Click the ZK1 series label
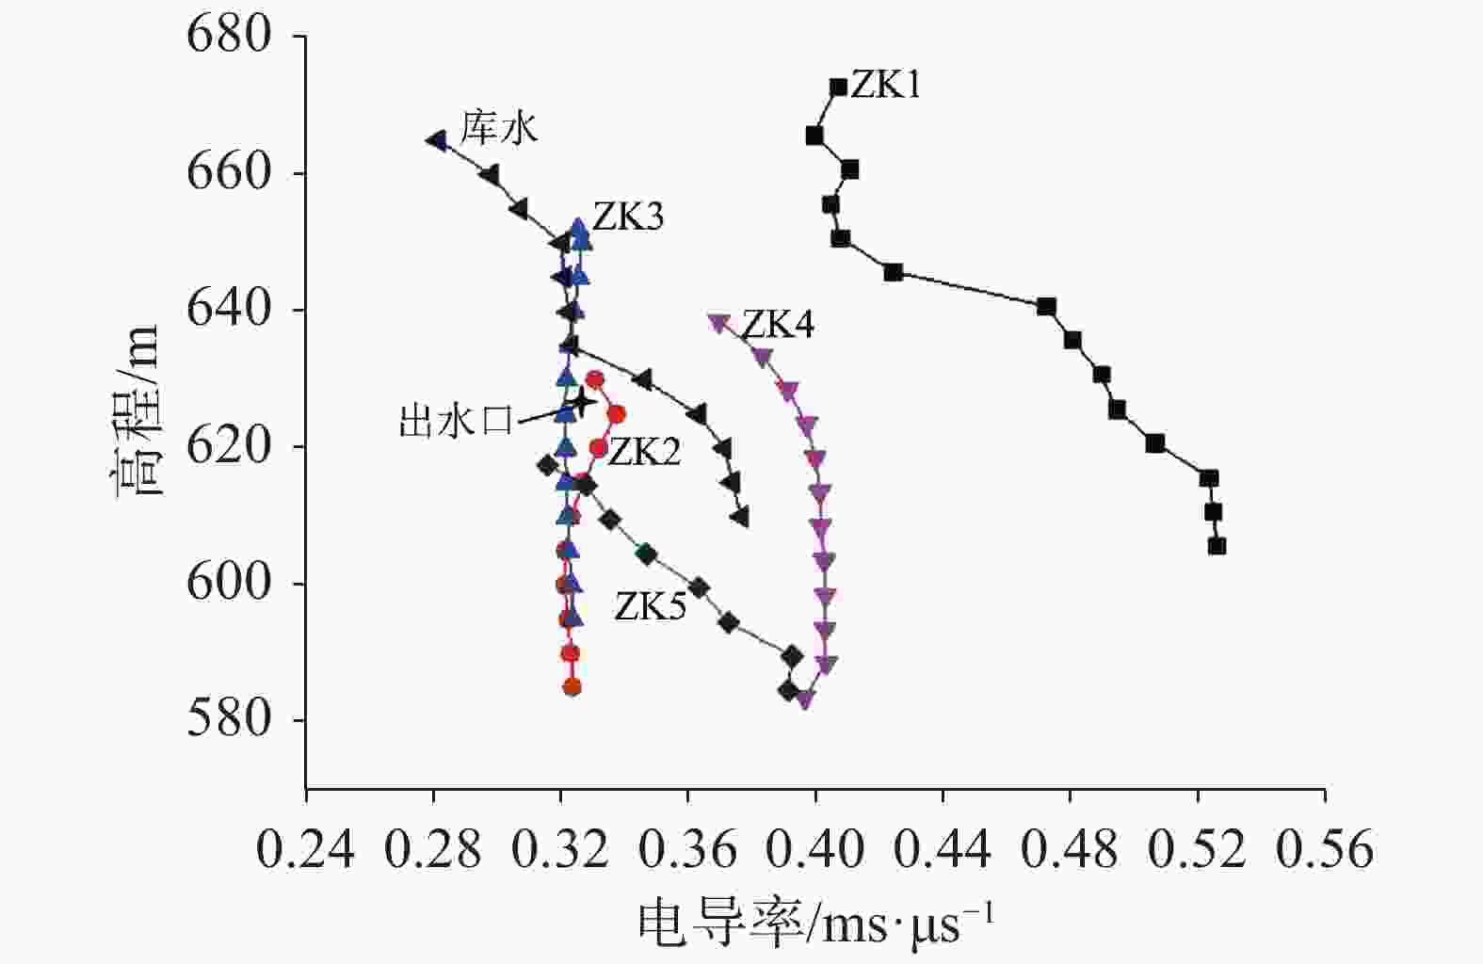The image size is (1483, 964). (886, 86)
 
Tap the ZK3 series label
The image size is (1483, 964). (628, 217)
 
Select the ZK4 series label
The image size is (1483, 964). (779, 325)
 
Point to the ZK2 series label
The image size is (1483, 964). (644, 453)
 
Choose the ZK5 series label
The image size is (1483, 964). (650, 606)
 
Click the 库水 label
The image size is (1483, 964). (499, 128)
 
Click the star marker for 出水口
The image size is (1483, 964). (583, 402)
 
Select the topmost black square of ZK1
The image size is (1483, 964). (838, 88)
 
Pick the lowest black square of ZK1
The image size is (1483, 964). (1217, 546)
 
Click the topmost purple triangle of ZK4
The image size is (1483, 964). (719, 323)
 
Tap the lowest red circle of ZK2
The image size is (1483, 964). (572, 687)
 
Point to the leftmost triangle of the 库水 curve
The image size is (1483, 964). (437, 140)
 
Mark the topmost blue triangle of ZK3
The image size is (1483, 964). (579, 227)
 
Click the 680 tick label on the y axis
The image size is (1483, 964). (230, 37)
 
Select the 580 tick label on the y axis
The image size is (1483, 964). (230, 720)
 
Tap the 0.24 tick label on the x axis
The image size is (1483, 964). (306, 851)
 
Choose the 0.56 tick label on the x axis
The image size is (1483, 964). (1325, 851)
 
